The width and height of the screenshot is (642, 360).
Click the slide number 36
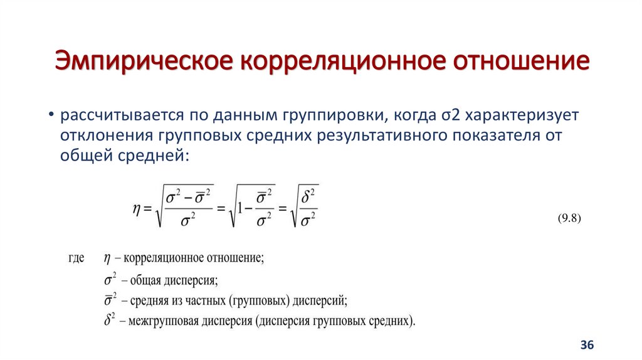click(587, 345)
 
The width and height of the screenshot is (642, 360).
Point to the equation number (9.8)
click(570, 218)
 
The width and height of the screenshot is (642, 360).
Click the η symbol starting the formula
click(136, 208)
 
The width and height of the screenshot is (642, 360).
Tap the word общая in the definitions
click(144, 280)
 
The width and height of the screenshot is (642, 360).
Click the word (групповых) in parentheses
click(258, 301)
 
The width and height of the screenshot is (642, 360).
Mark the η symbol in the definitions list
click(106, 258)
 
